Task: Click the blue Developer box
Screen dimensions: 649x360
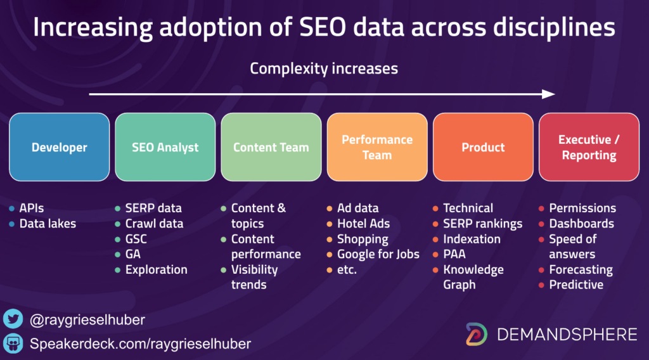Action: click(x=59, y=147)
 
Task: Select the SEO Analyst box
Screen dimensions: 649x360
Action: click(x=165, y=147)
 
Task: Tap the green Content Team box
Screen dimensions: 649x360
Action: click(x=271, y=147)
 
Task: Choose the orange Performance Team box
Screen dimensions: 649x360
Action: click(x=377, y=147)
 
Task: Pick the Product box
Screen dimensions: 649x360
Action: click(x=483, y=147)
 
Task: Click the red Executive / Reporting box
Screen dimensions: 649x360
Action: click(x=589, y=147)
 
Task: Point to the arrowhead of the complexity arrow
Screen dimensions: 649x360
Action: click(x=549, y=94)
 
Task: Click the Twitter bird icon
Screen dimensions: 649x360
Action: click(x=13, y=319)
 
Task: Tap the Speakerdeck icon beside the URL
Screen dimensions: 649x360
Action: click(x=13, y=344)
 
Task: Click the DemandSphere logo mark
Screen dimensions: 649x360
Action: click(x=477, y=334)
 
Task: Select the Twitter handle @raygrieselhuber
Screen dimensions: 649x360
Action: click(x=87, y=319)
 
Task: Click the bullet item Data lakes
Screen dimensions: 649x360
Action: click(x=48, y=224)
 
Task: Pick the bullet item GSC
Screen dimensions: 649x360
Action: click(x=136, y=239)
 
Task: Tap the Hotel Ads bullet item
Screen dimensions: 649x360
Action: click(x=363, y=224)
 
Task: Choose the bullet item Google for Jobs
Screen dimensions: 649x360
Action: click(x=378, y=254)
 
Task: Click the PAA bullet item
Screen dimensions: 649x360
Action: click(x=454, y=254)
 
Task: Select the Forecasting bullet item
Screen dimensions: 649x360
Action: click(x=581, y=270)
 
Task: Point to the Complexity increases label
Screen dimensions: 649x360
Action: click(x=324, y=68)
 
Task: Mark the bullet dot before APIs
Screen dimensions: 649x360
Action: click(x=11, y=209)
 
